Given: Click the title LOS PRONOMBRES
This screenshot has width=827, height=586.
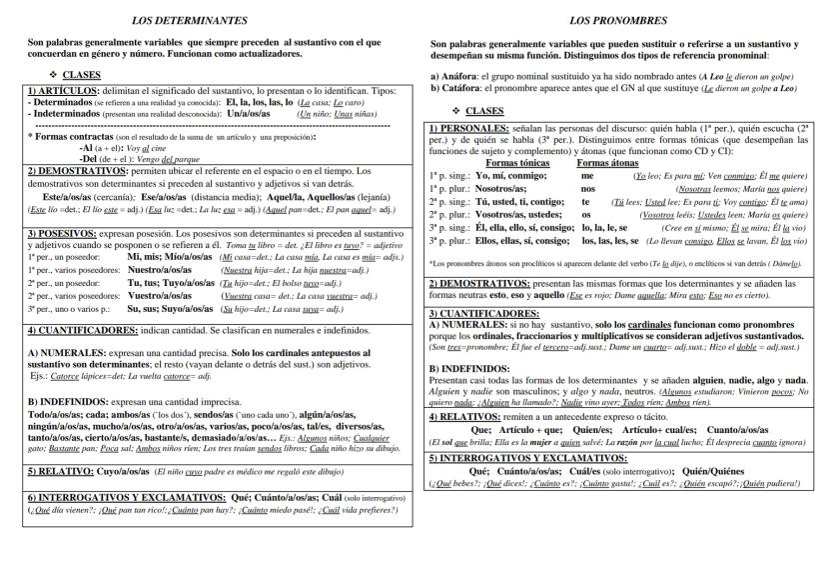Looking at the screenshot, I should click(612, 20).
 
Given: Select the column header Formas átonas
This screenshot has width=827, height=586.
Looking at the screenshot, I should click(608, 162).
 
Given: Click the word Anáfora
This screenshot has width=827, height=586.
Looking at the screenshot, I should click(459, 76).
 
